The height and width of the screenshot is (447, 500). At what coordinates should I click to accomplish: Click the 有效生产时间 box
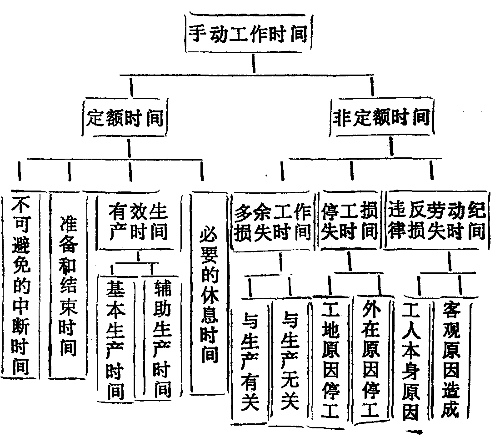pos(137,221)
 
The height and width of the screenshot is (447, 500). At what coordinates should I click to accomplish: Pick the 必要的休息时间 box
pos(208,293)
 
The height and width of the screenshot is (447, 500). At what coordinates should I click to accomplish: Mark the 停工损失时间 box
pos(349,222)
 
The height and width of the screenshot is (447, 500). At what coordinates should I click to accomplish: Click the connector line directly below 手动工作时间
pos(253,63)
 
